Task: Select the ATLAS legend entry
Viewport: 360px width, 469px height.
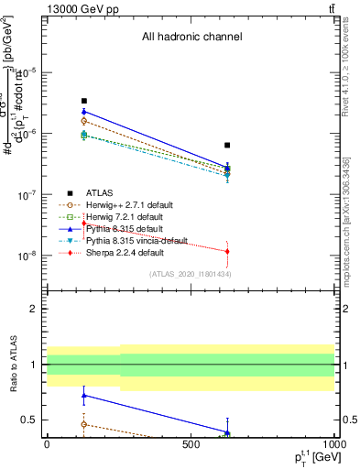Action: [100, 192]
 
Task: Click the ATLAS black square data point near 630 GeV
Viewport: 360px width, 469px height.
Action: [227, 145]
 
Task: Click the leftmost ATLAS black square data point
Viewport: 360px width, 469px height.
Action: [83, 101]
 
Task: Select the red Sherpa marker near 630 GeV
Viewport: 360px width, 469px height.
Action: [227, 251]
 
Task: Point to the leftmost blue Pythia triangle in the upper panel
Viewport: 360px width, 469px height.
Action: [83, 111]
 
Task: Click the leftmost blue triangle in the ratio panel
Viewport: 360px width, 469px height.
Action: [83, 396]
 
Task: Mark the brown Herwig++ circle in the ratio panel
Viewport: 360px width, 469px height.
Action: [83, 424]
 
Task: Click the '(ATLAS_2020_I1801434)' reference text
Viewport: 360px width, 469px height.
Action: [191, 274]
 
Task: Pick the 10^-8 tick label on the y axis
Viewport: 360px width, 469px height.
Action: [27, 256]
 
